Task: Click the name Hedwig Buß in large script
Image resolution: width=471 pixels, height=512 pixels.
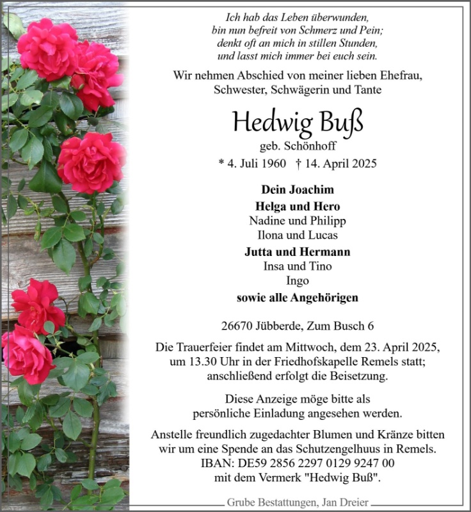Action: tap(298, 121)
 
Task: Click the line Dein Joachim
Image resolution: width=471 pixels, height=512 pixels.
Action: tap(298, 189)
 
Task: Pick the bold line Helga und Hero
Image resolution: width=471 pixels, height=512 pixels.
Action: tap(298, 206)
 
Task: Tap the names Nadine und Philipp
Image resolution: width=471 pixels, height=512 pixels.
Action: tap(298, 221)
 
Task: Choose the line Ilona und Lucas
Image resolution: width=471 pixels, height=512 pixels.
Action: tap(298, 236)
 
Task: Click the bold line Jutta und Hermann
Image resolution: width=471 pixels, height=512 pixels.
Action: tap(298, 252)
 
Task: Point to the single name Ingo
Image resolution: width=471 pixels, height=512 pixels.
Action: tap(298, 281)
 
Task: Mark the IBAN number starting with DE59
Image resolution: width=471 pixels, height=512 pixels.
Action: tap(314, 464)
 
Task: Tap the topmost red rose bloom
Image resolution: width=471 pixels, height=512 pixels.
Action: tap(49, 48)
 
